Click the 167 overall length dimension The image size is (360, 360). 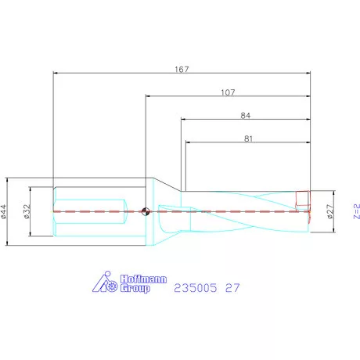[x=183, y=69]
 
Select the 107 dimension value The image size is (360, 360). [x=229, y=92]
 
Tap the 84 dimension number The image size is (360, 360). [x=246, y=115]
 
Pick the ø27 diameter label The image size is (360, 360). [x=329, y=211]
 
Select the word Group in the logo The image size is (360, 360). [x=134, y=289]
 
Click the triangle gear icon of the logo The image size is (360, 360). [x=106, y=283]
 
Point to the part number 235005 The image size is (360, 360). [x=196, y=288]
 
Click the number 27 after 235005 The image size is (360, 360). [x=232, y=288]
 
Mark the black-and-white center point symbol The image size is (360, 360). [x=146, y=210]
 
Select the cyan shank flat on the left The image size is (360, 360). [x=88, y=211]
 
